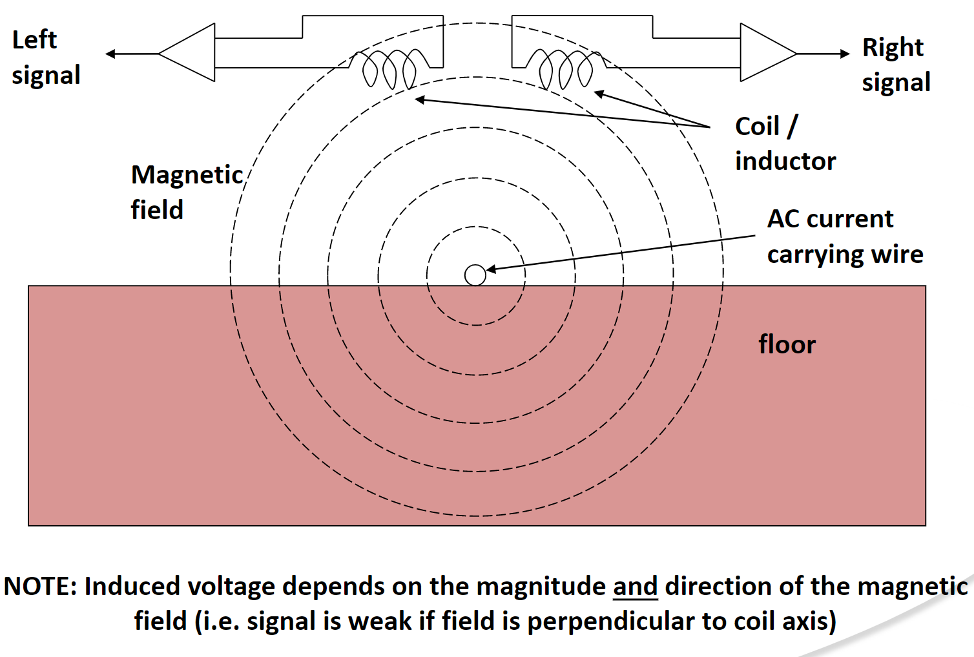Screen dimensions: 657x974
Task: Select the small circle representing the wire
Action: [x=475, y=275]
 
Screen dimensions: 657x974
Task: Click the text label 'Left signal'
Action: [x=45, y=57]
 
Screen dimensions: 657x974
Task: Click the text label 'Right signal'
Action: [x=896, y=65]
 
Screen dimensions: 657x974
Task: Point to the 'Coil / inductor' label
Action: [x=784, y=143]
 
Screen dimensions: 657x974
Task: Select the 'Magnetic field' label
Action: [x=186, y=192]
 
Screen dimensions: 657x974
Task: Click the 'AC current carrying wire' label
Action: [x=844, y=236]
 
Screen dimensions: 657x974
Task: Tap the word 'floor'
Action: [x=787, y=344]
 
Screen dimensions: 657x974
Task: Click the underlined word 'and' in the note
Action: [x=635, y=586]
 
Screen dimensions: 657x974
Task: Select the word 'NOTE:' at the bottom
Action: [x=40, y=586]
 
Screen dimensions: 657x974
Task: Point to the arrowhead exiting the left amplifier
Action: [x=110, y=54]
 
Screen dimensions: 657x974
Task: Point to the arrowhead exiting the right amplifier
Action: [x=845, y=54]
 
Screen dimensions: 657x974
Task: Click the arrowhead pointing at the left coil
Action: [x=420, y=99]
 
